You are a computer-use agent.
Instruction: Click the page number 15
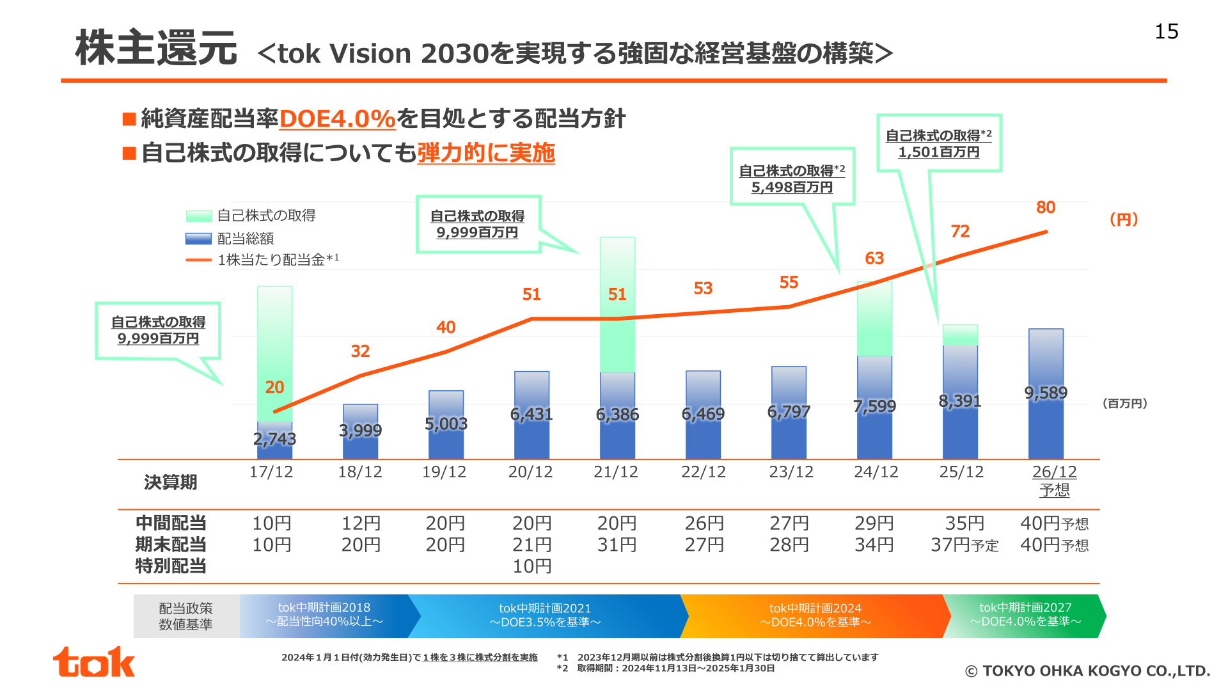[1166, 31]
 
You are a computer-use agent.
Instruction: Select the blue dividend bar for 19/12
[446, 425]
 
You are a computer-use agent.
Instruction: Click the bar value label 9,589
[1046, 393]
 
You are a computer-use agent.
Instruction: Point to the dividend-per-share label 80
[1046, 207]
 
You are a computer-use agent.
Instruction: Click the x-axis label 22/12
[704, 472]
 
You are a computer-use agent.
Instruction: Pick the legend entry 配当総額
[230, 239]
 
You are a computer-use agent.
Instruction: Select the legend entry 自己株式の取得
[251, 216]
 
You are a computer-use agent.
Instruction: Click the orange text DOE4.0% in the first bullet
[337, 119]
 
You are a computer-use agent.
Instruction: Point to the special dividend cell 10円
[531, 566]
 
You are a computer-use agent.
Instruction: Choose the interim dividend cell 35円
[964, 523]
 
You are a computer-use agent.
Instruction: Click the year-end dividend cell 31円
[617, 545]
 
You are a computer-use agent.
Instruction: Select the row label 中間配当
[171, 523]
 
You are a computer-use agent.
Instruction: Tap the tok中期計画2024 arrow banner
[815, 616]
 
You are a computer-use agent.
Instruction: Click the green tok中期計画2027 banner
[1025, 616]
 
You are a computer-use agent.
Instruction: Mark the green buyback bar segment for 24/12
[874, 319]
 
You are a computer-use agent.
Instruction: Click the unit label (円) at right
[1124, 219]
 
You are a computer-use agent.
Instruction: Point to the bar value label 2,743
[274, 439]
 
